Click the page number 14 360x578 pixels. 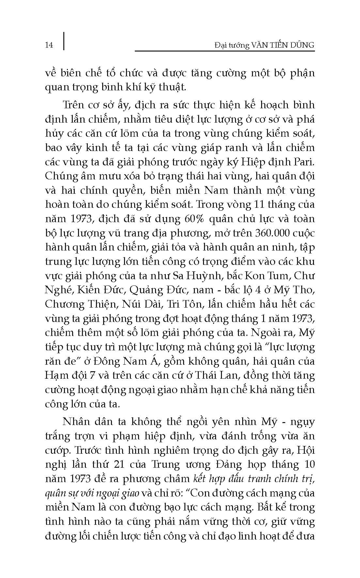[x=49, y=45]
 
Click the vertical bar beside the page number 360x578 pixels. [x=63, y=41]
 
